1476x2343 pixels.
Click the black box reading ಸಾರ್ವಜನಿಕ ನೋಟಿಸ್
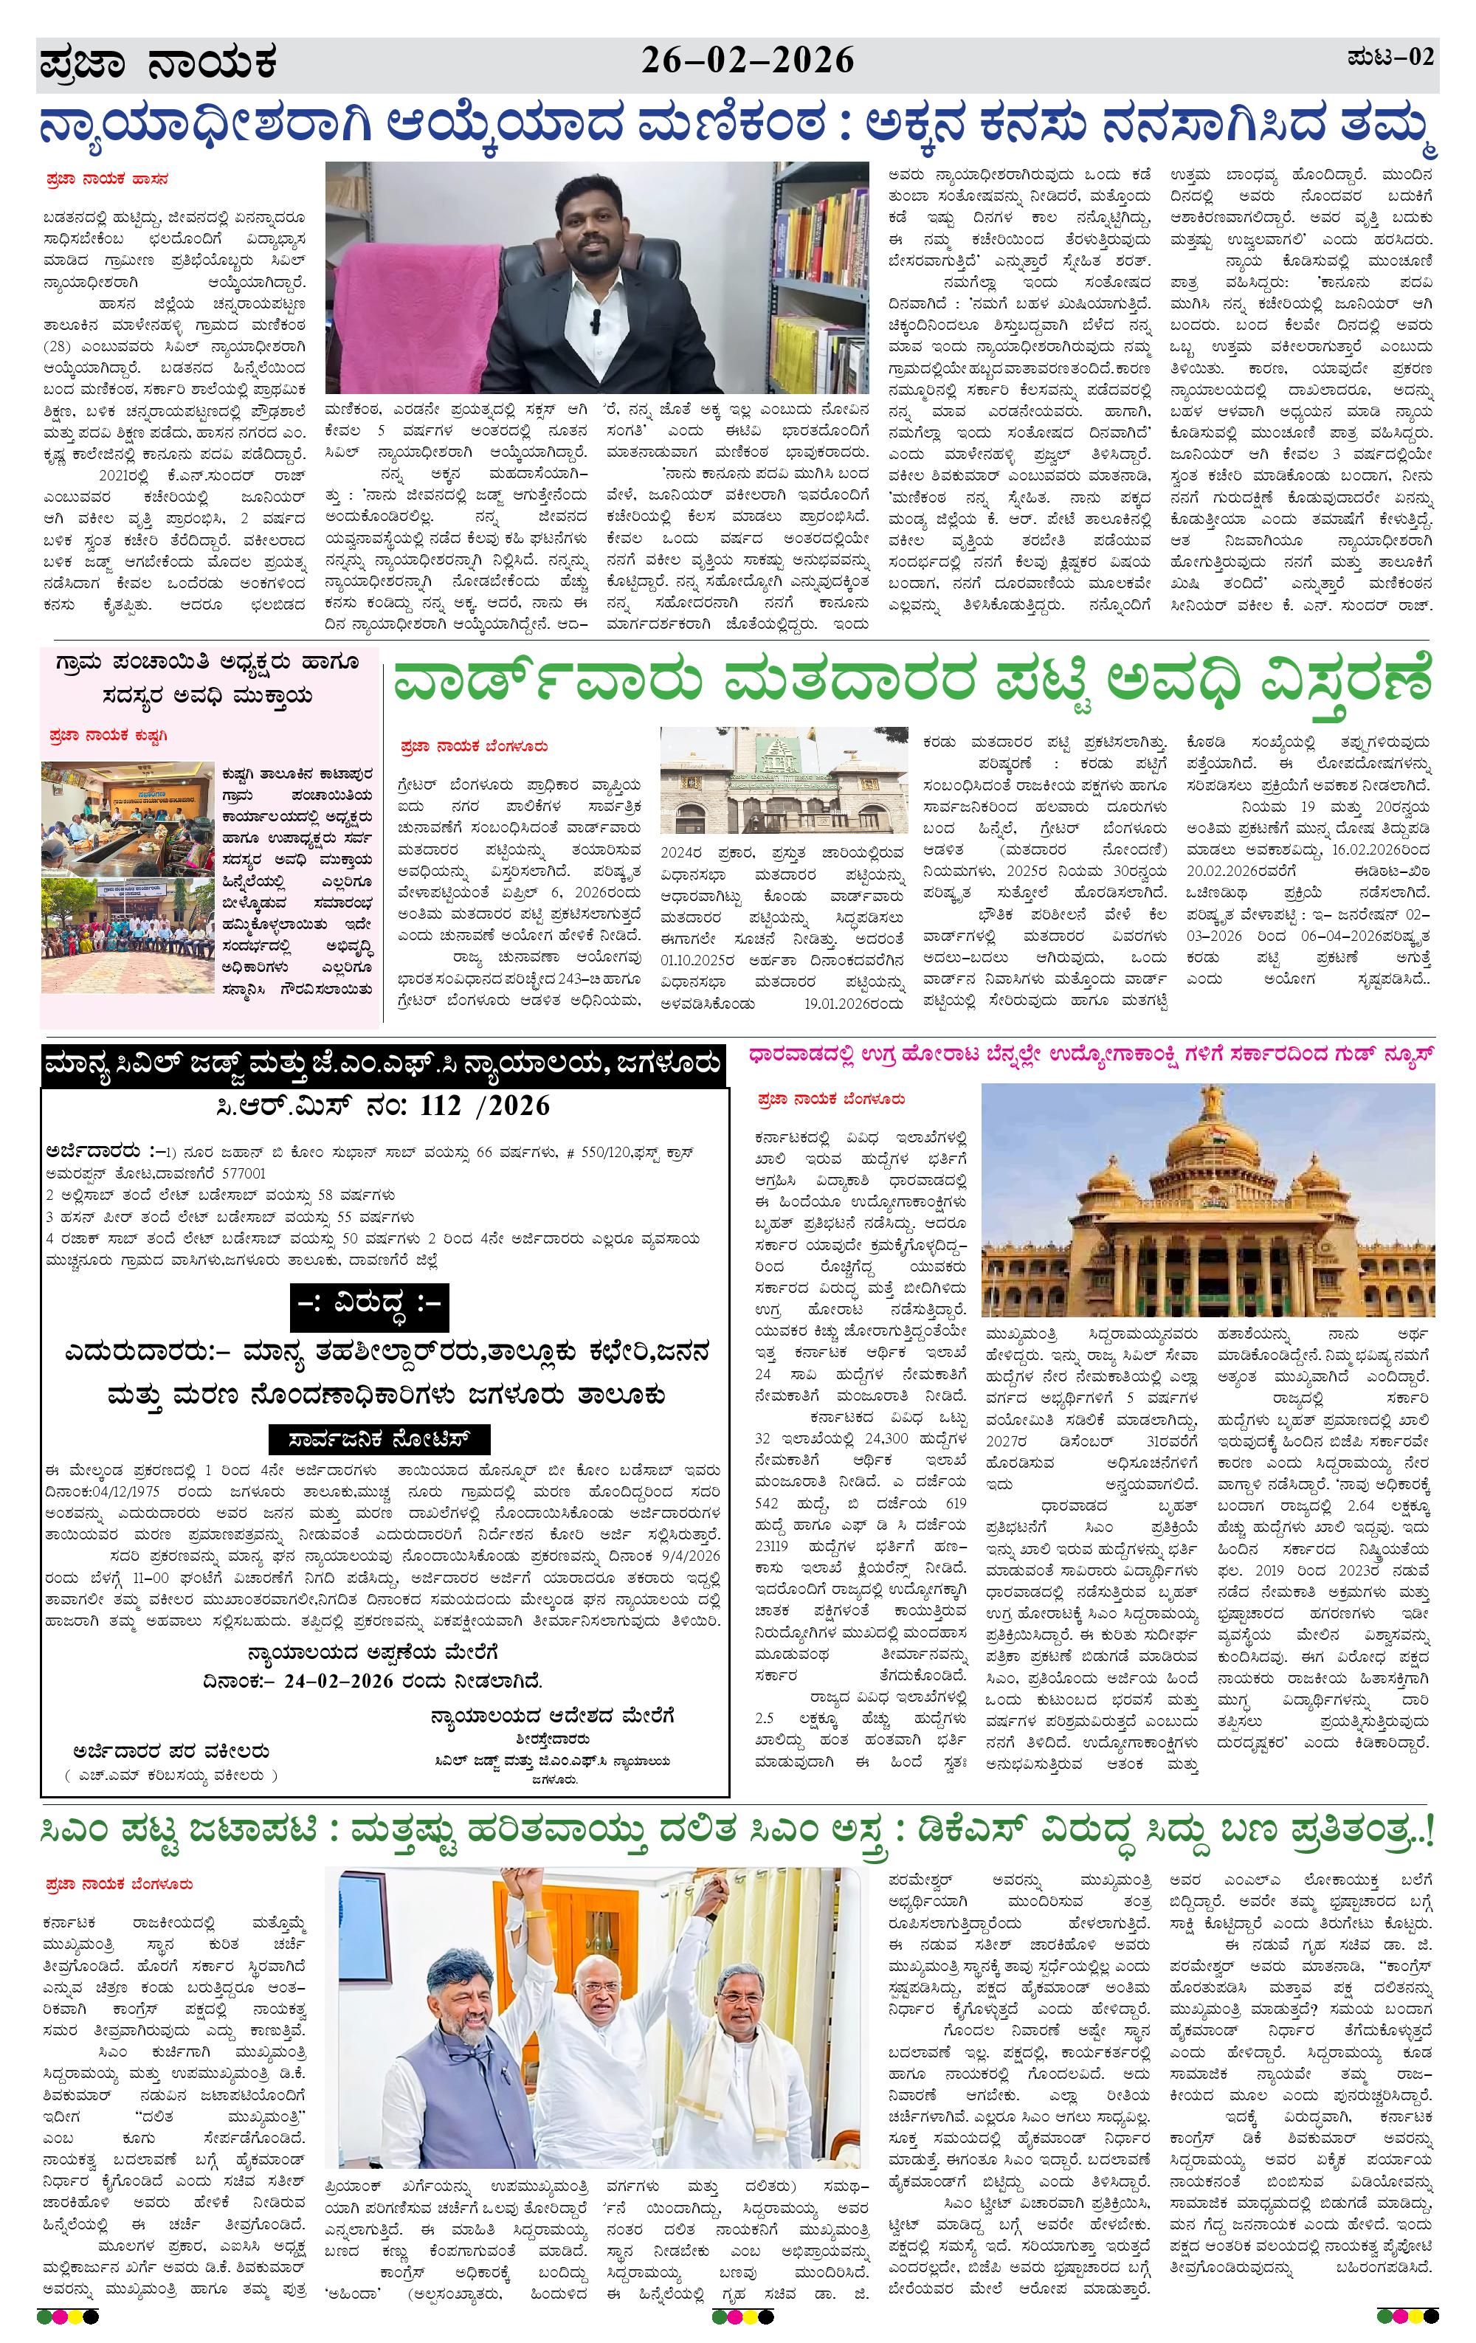(380, 1439)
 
